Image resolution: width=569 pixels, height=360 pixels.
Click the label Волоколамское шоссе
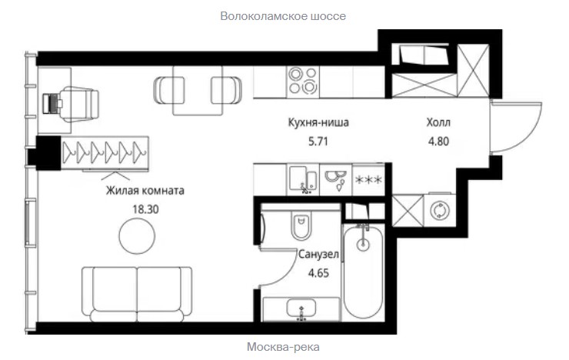coord(283,16)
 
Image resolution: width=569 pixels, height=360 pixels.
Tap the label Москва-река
coord(283,347)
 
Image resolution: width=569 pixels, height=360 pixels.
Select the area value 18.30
coord(145,209)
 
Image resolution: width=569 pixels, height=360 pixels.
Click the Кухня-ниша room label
coord(318,122)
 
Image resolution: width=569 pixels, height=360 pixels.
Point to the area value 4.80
coord(439,142)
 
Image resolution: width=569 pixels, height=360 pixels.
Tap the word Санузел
coord(318,255)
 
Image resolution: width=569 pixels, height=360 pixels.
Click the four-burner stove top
coord(303,82)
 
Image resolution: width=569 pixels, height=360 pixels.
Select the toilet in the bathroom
coord(301,225)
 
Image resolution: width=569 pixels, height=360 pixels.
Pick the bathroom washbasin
coord(301,309)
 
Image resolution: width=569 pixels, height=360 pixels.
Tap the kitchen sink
coord(304,179)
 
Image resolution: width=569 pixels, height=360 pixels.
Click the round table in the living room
coord(137,236)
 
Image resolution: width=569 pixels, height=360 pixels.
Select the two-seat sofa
coord(137,295)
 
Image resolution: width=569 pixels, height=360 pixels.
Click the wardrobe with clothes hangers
coord(105,152)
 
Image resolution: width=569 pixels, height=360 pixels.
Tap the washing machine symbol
coord(440,210)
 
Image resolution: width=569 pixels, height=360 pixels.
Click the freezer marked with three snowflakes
coord(368,180)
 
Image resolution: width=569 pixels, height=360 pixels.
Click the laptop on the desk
coord(52,104)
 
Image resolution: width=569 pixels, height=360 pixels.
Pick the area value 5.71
coord(318,142)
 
